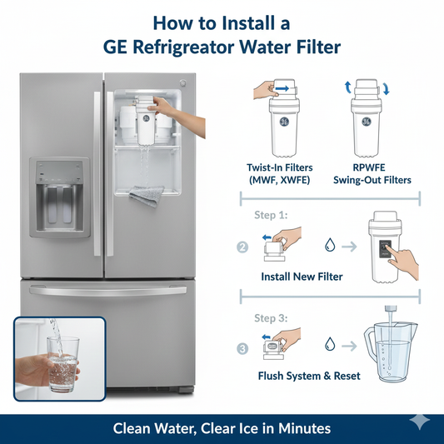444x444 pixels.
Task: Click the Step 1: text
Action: (269, 214)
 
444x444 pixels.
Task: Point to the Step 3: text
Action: (269, 317)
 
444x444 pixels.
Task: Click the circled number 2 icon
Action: (242, 247)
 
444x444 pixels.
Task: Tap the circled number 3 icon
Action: (242, 348)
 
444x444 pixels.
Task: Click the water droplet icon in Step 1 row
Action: (332, 247)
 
